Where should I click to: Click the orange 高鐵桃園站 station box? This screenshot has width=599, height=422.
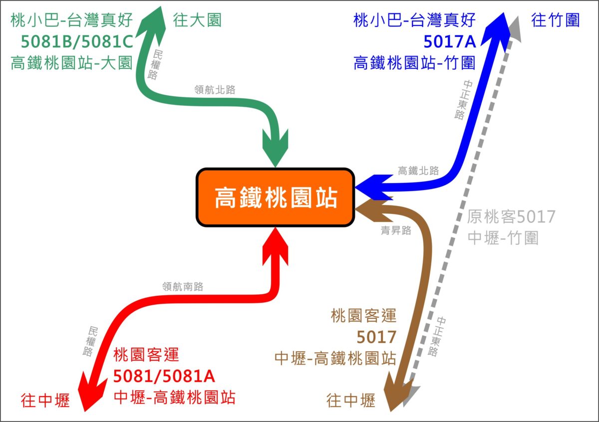pyautogui.click(x=276, y=198)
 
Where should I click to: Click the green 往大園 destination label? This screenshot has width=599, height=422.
pyautogui.click(x=197, y=20)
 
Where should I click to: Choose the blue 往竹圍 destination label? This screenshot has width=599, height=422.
pyautogui.click(x=556, y=20)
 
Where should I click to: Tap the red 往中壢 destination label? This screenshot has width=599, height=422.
pyautogui.click(x=45, y=401)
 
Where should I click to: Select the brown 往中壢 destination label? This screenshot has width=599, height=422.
pyautogui.click(x=350, y=401)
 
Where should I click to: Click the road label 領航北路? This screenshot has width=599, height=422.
pyautogui.click(x=215, y=90)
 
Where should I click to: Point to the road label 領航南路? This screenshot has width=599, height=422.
pyautogui.click(x=183, y=287)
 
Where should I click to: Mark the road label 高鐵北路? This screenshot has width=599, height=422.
pyautogui.click(x=418, y=171)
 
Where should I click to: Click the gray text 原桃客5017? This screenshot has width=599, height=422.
pyautogui.click(x=511, y=217)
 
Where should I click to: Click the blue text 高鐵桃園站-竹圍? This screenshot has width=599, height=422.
pyautogui.click(x=414, y=63)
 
